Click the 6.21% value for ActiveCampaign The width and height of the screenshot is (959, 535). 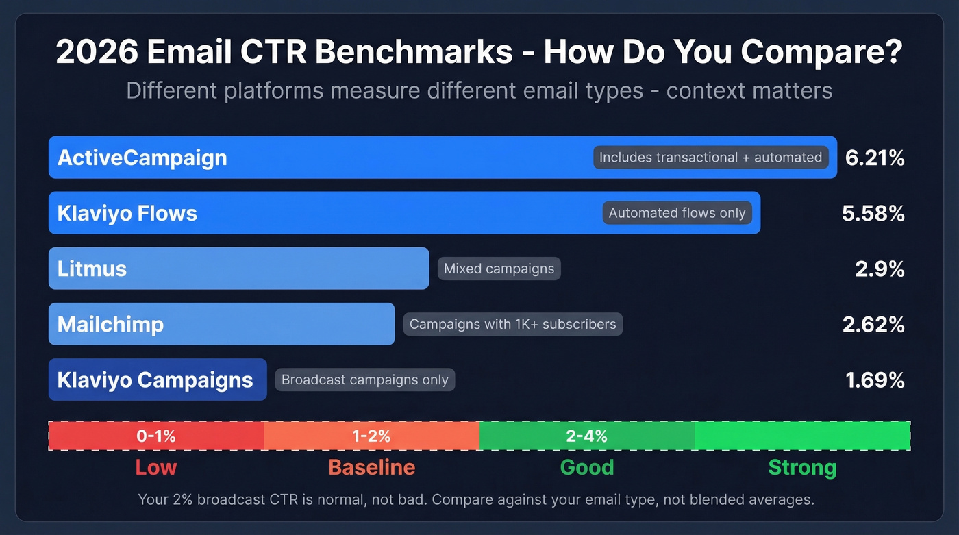(875, 158)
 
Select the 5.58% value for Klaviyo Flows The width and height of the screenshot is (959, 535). (873, 213)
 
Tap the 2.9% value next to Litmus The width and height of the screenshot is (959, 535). (880, 269)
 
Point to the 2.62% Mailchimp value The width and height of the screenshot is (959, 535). (873, 324)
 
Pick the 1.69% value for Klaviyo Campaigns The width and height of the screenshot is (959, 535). (875, 380)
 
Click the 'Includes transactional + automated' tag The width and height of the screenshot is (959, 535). (710, 158)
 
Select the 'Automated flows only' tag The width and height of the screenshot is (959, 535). (677, 213)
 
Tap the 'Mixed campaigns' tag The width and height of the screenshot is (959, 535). (499, 269)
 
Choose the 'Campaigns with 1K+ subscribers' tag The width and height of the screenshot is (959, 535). (512, 324)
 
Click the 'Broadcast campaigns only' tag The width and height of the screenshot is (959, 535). (364, 380)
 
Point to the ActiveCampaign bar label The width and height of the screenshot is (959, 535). (142, 158)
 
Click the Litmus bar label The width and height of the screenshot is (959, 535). (92, 269)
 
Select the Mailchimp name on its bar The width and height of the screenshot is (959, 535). (110, 324)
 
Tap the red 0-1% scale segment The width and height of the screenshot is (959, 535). (156, 436)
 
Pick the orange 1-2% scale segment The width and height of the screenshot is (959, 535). (371, 436)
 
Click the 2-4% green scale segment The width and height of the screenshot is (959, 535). (587, 436)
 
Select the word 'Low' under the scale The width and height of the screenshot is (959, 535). (156, 467)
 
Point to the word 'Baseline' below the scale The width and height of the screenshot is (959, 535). (371, 467)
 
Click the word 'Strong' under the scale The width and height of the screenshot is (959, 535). (802, 467)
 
